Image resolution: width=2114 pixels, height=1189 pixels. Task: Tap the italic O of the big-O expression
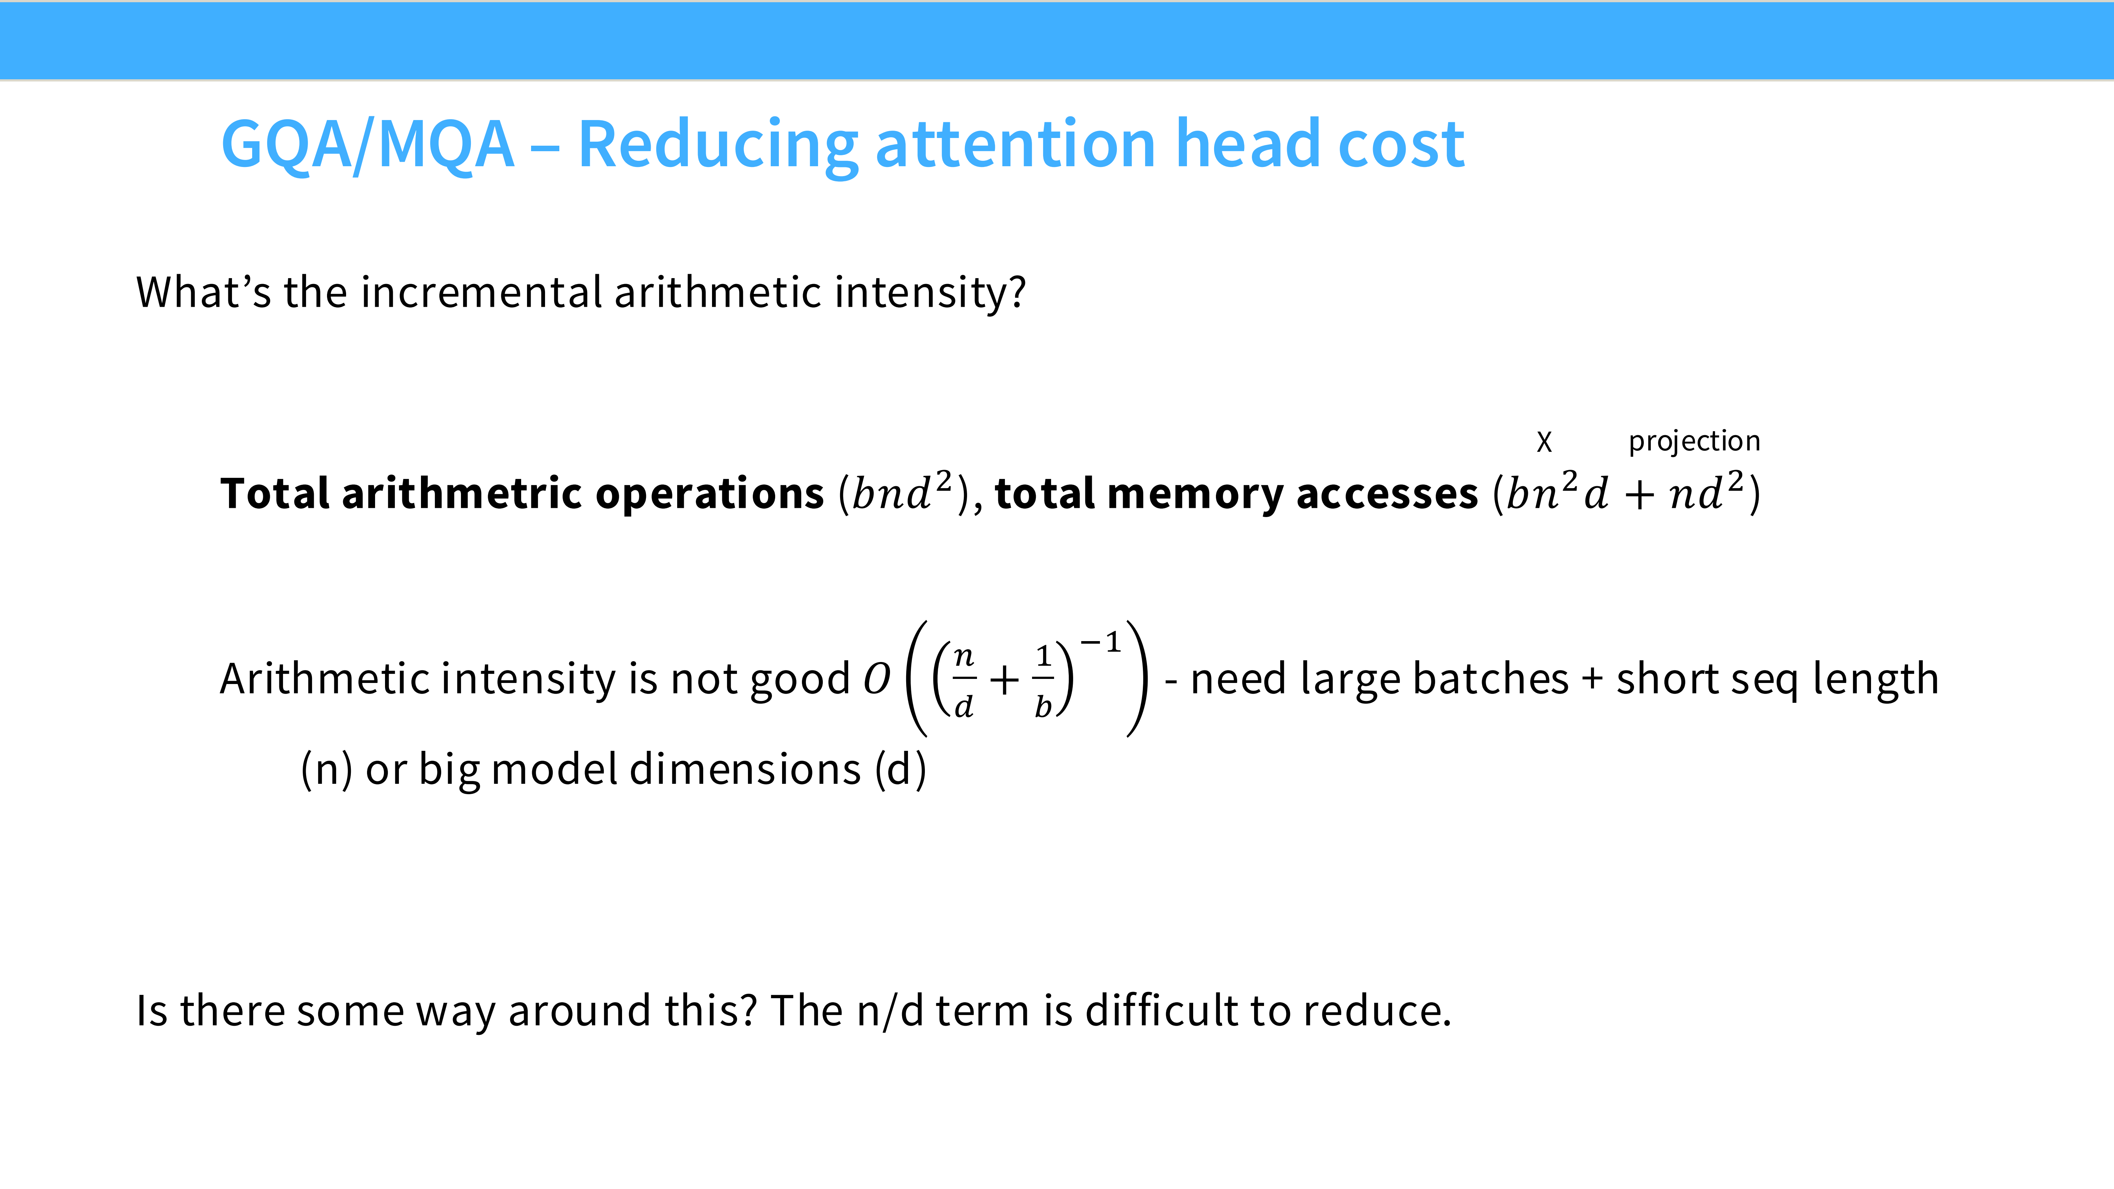pos(876,679)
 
